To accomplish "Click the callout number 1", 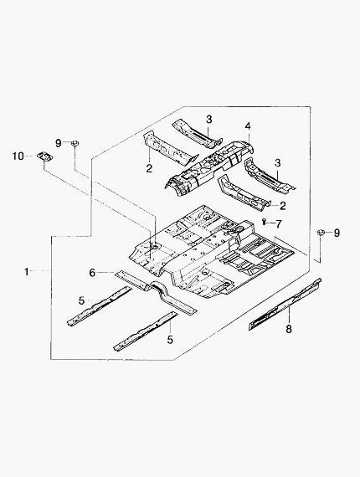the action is pos(27,271).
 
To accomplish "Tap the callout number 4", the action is pos(248,126).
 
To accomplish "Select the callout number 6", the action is pos(92,273).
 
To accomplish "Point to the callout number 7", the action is pos(279,224).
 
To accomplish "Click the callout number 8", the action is pos(289,329).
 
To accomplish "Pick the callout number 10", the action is pos(18,156).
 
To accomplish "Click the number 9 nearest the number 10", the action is pos(59,142).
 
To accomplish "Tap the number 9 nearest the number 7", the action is pos(337,233).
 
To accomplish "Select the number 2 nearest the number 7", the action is pos(283,206).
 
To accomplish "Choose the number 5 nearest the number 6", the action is pos(81,301).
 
